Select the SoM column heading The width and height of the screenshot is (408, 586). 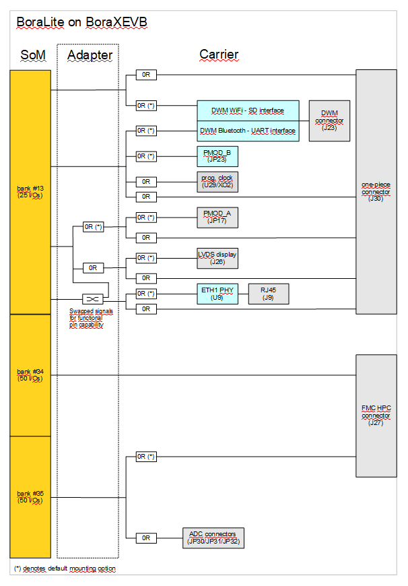(34, 55)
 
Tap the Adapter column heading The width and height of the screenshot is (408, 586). (90, 55)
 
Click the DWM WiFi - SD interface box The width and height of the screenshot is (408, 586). (248, 111)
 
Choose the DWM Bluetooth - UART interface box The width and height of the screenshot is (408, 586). (248, 131)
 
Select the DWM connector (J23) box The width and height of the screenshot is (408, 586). (329, 121)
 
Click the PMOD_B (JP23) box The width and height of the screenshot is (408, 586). (217, 156)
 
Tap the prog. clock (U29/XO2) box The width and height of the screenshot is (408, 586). (217, 181)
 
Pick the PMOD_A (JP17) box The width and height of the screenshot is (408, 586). (217, 217)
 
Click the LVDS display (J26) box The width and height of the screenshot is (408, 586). (217, 257)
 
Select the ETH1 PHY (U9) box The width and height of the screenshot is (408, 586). (217, 294)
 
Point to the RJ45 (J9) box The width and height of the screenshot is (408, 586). (268, 294)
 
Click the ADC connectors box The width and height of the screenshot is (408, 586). (213, 538)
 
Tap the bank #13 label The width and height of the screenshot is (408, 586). (30, 192)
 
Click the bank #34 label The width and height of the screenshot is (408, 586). (30, 375)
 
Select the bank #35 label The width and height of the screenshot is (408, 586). (30, 497)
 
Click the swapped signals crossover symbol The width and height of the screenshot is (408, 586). (92, 298)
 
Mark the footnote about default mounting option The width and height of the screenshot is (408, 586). (65, 569)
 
